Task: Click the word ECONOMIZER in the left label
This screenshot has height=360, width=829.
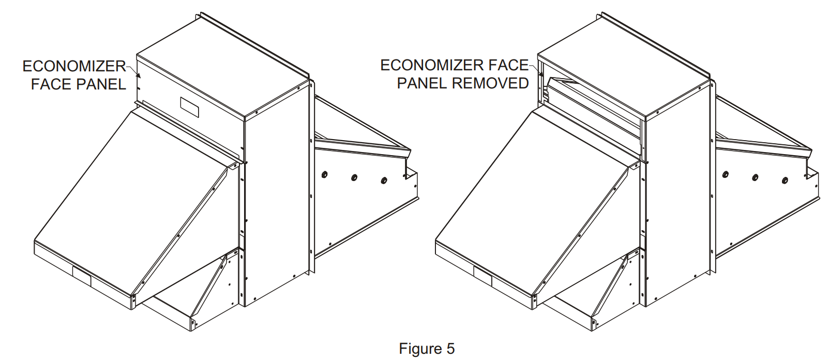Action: pos(74,66)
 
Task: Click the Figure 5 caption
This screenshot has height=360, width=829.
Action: pos(427,349)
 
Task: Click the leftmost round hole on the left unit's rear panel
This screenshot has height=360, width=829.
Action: pos(325,174)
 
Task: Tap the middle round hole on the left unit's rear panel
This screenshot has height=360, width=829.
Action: pos(354,177)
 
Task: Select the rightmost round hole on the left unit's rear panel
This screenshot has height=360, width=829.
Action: pos(384,181)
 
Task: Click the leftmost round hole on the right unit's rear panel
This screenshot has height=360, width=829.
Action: pos(726,174)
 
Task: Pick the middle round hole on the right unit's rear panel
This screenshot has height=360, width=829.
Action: pos(755,177)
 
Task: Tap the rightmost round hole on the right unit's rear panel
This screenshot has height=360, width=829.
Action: pos(785,181)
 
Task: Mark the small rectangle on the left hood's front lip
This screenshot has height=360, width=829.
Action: pos(82,277)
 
